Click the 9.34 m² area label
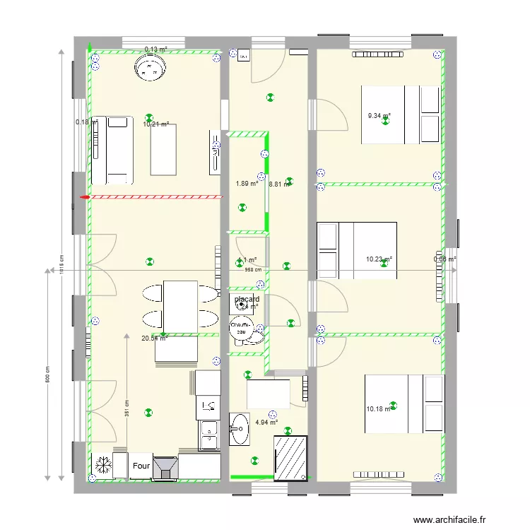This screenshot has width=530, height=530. pos(379,116)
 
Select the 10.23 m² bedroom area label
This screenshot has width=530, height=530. pos(379,259)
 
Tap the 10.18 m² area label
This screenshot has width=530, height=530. pos(378,409)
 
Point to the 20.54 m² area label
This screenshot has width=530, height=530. pos(154,338)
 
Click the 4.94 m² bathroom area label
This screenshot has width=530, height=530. pos(266,423)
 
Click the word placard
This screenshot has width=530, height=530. pos(247,299)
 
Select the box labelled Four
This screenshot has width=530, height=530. pos(141,466)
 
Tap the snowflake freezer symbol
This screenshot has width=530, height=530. pos(102,466)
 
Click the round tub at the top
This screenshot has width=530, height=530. pos(150,69)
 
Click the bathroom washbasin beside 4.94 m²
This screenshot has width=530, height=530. pos(240,428)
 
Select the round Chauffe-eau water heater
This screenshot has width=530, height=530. pos(241,329)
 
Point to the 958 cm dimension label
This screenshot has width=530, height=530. pos(253,269)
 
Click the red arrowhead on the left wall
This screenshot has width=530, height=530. pos(84,197)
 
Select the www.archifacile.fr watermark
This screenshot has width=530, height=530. pos(449,519)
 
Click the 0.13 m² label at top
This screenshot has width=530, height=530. pos(155,49)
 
